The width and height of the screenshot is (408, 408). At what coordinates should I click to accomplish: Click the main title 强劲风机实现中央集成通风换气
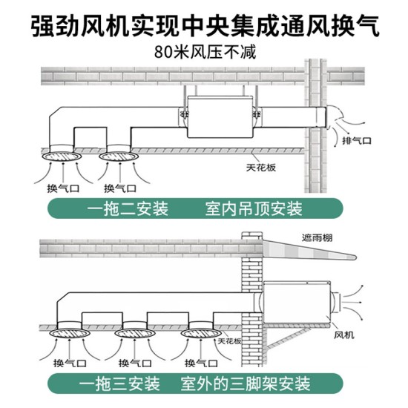(x=204, y=24)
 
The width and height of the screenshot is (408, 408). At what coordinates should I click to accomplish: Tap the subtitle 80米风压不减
(x=203, y=53)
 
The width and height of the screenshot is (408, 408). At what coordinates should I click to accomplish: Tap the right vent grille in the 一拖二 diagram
(x=115, y=157)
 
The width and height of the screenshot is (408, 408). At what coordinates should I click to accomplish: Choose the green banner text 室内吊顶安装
(x=252, y=209)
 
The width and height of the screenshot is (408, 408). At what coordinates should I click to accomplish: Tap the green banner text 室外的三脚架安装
(x=250, y=386)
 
